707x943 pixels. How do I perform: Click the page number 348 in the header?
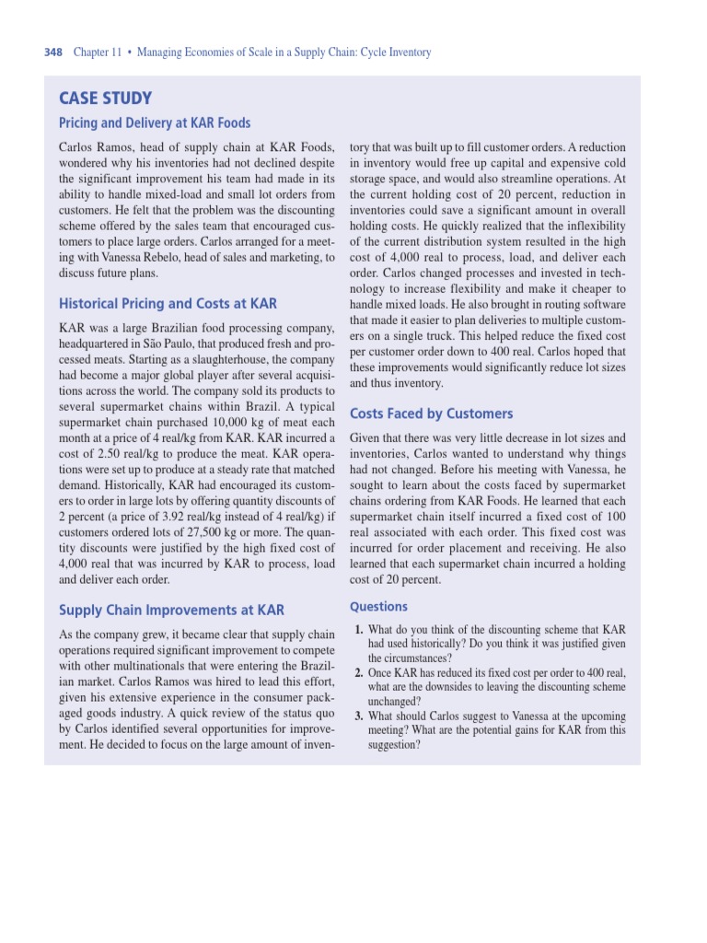[53, 52]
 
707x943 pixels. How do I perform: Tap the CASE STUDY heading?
[105, 99]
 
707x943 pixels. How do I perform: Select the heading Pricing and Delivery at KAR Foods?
[154, 122]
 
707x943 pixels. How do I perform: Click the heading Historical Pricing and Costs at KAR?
[168, 303]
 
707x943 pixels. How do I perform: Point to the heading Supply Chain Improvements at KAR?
[171, 610]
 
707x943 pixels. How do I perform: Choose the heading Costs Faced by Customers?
[431, 413]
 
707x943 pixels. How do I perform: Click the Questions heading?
[378, 606]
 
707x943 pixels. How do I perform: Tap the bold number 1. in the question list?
[359, 630]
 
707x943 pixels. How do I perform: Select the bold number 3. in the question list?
[359, 716]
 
